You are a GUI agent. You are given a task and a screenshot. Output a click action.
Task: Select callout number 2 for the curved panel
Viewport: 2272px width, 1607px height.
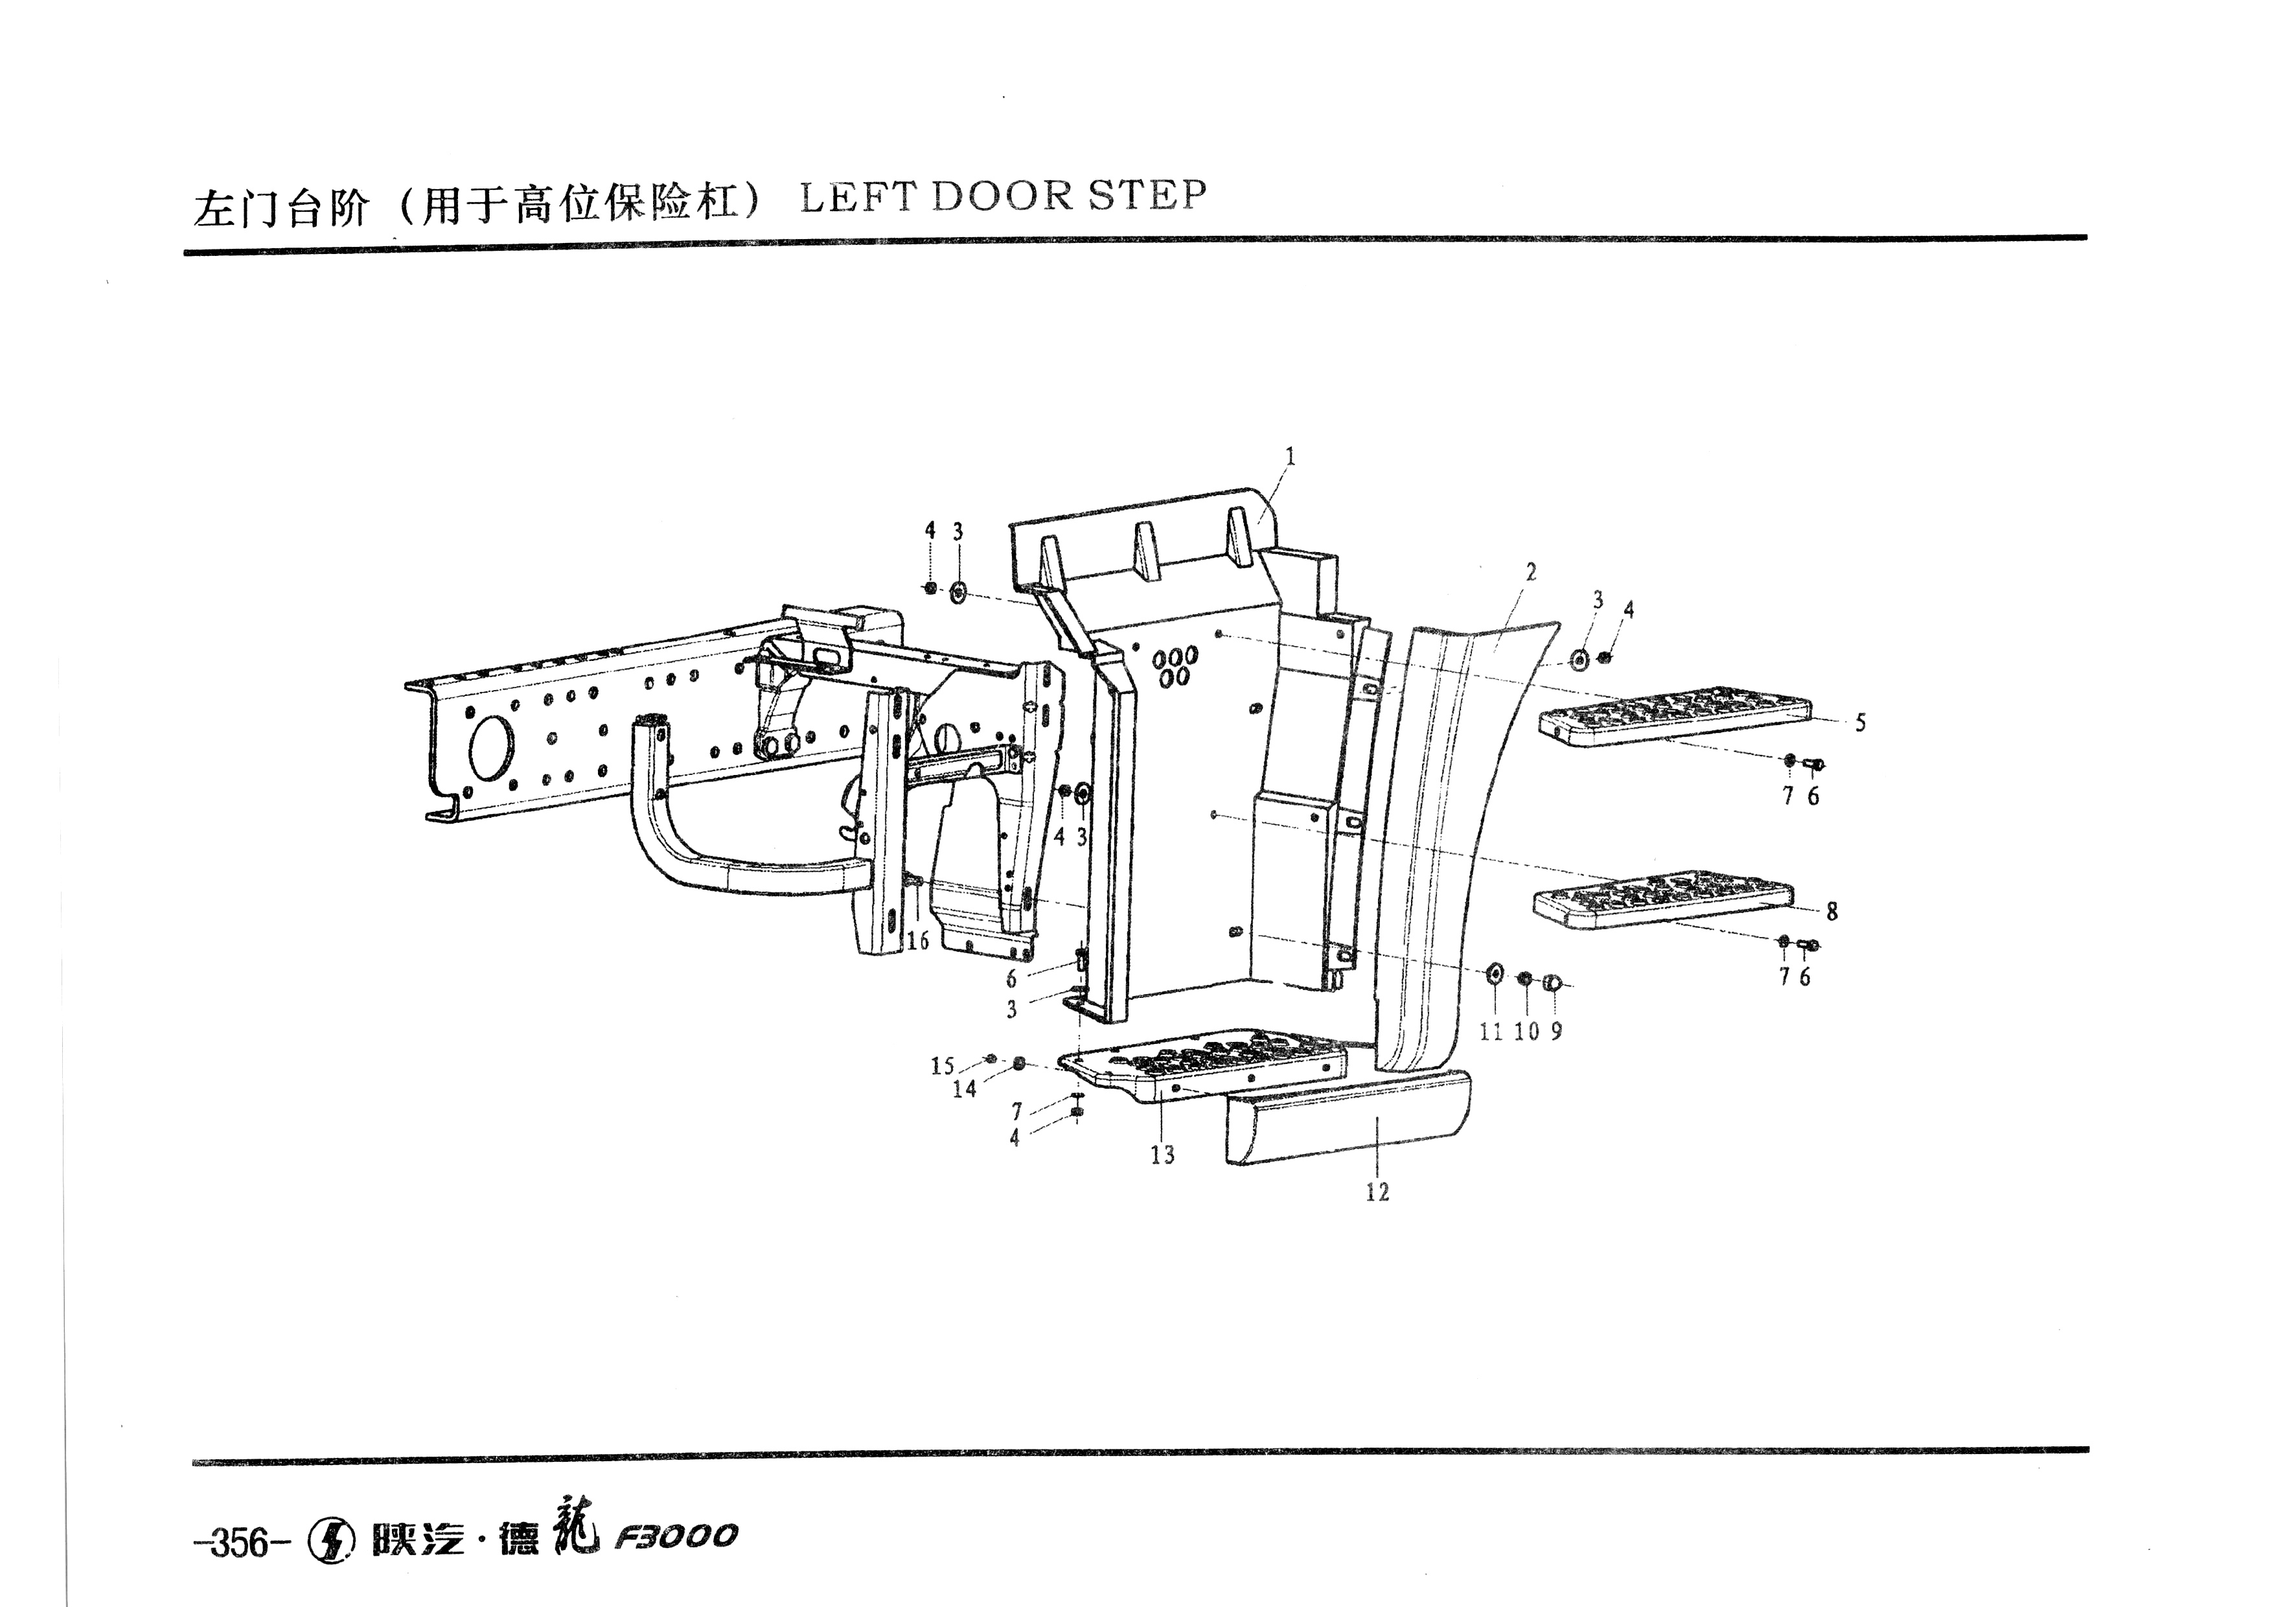[x=1531, y=572]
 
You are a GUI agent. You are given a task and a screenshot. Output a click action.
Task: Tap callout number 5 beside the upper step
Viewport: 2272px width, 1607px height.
[x=1861, y=723]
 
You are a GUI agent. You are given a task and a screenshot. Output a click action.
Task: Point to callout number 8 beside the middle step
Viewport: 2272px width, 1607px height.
[x=1831, y=911]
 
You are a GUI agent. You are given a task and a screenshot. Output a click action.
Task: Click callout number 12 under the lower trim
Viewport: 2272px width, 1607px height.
[x=1377, y=1192]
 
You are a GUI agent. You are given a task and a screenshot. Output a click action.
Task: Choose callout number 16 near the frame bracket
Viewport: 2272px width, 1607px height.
[x=917, y=940]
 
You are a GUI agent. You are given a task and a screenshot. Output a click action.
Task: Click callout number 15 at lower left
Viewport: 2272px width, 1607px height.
[x=942, y=1066]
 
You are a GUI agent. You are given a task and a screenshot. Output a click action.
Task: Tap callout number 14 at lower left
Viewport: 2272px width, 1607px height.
[x=965, y=1089]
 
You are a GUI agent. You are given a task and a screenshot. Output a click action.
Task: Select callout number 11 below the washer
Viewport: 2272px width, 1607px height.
[x=1491, y=1031]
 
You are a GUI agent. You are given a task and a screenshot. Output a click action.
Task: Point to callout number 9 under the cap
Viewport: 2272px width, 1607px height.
[x=1557, y=1031]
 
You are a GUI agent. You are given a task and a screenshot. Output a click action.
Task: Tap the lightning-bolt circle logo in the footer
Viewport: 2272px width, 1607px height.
[x=332, y=1539]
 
